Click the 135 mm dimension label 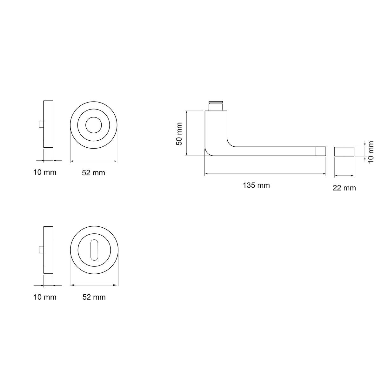[256, 185]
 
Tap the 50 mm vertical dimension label [179, 134]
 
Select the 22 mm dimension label [344, 188]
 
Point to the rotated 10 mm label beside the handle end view [371, 152]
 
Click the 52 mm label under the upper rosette [93, 173]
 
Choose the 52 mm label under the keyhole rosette [94, 297]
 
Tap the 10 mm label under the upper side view [45, 172]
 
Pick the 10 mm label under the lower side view [45, 297]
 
